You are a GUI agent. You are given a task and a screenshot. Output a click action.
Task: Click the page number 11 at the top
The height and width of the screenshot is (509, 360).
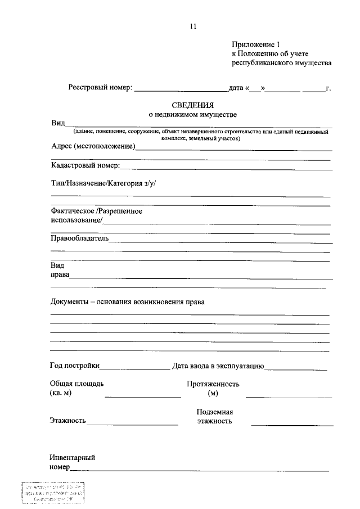(193, 26)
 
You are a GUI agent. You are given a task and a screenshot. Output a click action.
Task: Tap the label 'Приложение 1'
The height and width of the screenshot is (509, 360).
(255, 44)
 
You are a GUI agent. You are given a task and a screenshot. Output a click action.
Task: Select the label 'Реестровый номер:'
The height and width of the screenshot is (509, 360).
(101, 87)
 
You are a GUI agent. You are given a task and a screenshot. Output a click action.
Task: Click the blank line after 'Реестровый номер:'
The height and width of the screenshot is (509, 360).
(181, 89)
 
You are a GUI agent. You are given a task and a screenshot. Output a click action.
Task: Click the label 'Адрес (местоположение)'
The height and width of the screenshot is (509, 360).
(93, 147)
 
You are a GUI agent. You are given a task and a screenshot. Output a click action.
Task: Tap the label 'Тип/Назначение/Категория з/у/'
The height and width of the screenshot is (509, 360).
(103, 183)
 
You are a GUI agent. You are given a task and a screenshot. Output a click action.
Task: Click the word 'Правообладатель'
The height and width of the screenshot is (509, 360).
(80, 238)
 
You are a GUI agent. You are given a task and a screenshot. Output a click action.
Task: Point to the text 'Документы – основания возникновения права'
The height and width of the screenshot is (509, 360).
(128, 301)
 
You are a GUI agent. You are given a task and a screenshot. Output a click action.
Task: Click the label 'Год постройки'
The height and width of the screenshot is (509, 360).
(75, 366)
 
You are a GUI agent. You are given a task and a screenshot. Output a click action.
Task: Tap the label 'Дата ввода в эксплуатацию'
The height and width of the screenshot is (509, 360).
(218, 366)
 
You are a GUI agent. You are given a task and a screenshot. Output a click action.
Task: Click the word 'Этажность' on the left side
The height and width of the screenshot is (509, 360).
(67, 420)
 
